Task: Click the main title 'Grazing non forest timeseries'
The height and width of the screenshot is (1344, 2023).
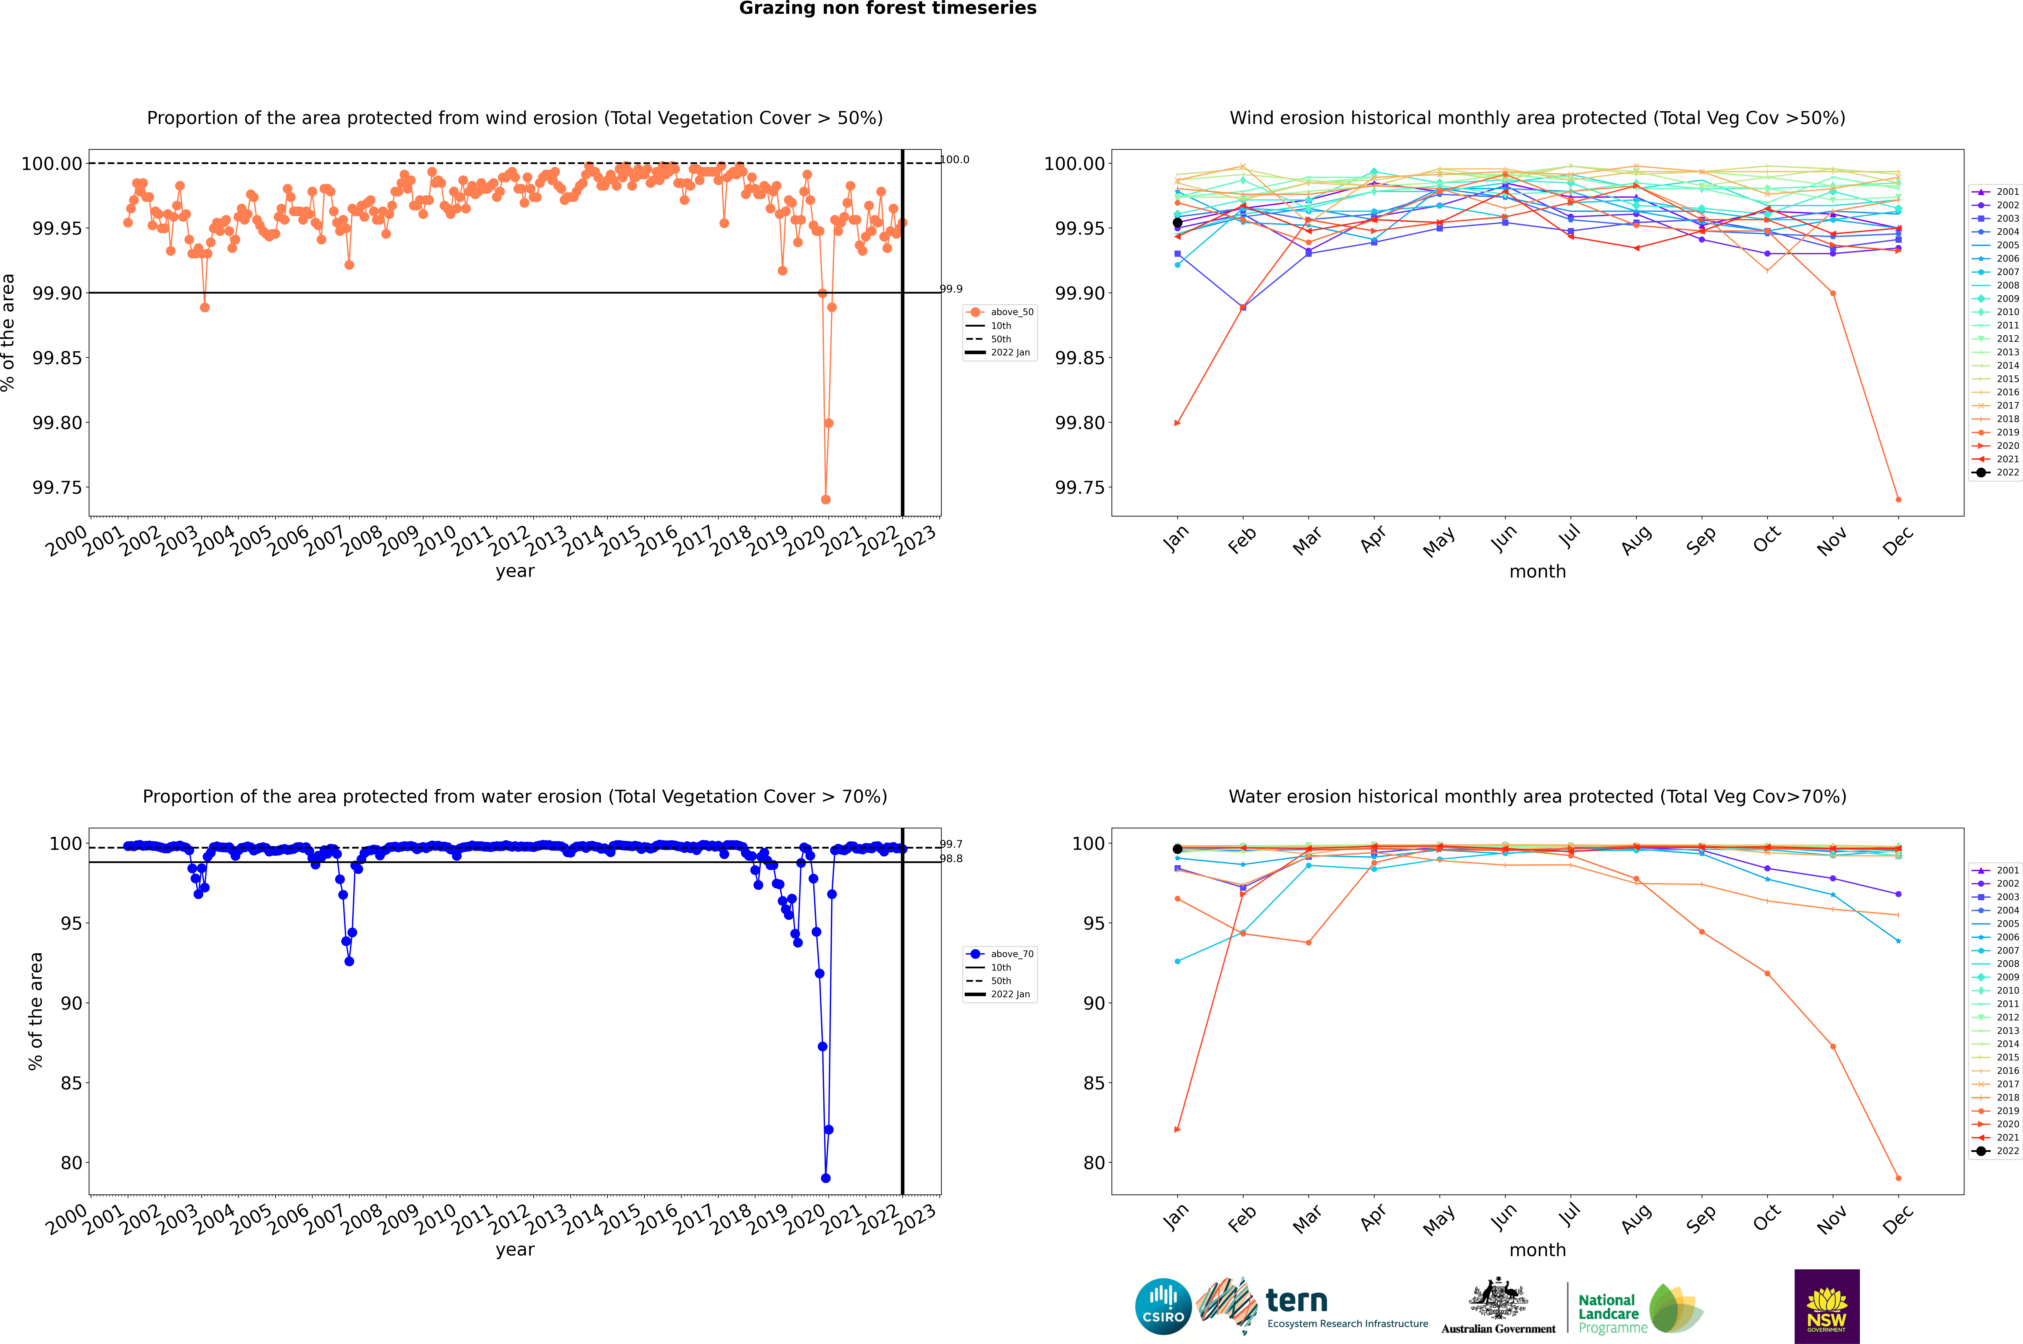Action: (888, 9)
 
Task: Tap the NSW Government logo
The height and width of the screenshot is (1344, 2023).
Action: (1827, 1306)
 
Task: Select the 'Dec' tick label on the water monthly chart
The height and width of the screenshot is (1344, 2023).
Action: (1898, 1218)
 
